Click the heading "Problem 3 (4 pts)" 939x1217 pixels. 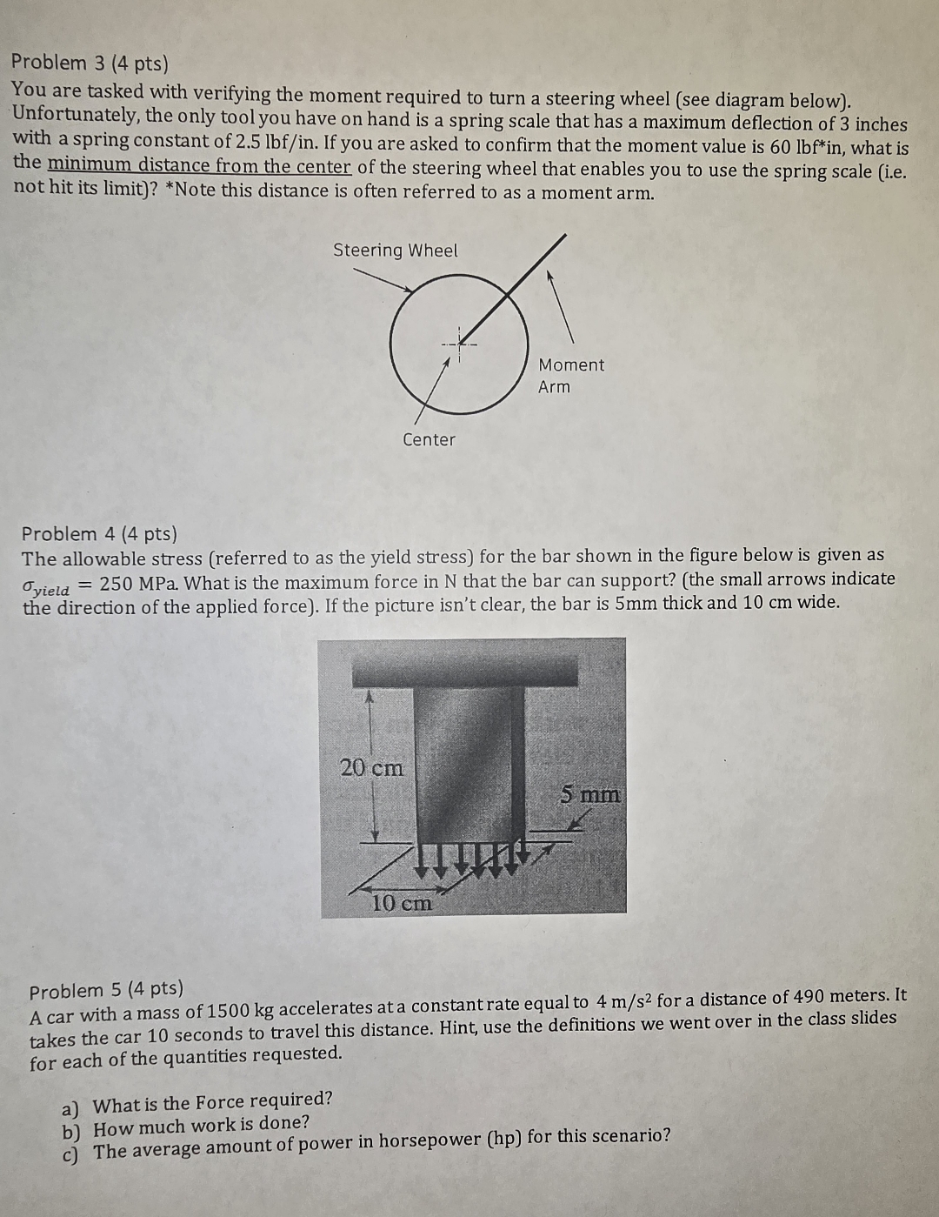(x=90, y=63)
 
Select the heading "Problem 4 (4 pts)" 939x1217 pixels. (x=99, y=533)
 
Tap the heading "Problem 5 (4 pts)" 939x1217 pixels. (x=106, y=990)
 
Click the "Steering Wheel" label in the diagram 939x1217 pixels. (x=395, y=251)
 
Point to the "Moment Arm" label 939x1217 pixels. (x=569, y=376)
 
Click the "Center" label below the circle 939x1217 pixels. (x=429, y=440)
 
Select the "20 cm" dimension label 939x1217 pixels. (x=371, y=768)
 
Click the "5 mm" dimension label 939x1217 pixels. (x=589, y=794)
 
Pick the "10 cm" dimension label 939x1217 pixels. (x=401, y=903)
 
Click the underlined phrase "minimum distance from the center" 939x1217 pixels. (x=199, y=165)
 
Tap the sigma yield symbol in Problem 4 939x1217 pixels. (x=45, y=586)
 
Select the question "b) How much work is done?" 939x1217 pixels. (x=186, y=1127)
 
